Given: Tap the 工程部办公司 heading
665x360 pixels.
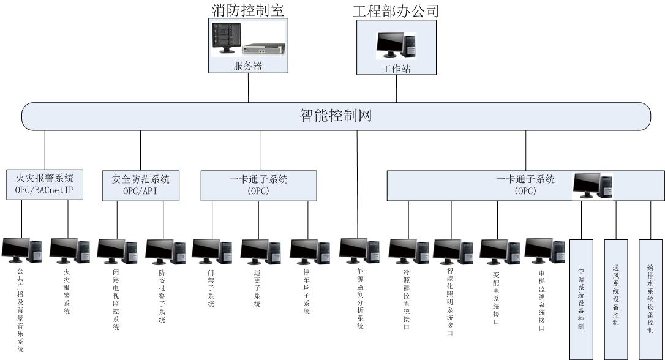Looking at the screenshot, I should [x=396, y=10].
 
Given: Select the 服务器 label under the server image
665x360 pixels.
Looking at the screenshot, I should [x=249, y=66].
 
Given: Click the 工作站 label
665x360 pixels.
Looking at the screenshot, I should [x=396, y=69].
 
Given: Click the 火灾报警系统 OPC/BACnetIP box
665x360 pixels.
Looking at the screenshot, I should [x=45, y=185].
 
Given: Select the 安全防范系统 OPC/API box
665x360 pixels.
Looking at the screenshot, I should [x=140, y=185].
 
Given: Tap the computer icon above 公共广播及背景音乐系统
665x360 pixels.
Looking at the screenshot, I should [x=21, y=250].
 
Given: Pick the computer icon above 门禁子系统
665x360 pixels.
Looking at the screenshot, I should [x=212, y=250].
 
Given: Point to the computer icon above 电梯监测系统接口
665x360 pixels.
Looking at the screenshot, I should [x=544, y=250].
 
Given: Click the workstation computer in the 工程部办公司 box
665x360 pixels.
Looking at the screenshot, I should [x=396, y=46].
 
